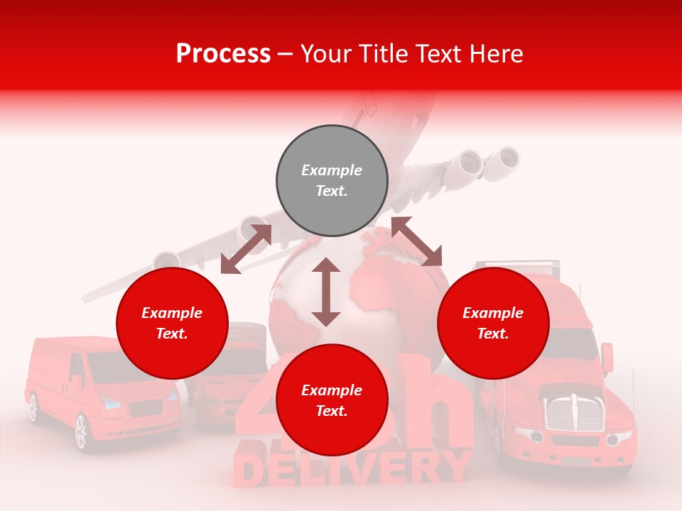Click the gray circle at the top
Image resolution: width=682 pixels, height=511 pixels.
pos(332,180)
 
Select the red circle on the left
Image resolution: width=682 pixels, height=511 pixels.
pos(172,323)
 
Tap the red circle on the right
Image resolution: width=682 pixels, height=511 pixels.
pos(493,323)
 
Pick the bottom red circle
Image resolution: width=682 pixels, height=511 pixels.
pos(332,400)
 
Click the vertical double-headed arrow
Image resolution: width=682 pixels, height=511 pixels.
pos(326,292)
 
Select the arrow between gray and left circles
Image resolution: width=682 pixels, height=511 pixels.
pos(246,249)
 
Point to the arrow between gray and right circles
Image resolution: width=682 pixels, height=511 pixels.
pos(416,241)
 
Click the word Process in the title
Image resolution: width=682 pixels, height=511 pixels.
pos(223,53)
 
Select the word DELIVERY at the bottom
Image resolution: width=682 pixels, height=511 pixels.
pos(352,468)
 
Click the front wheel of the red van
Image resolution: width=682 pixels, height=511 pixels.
pos(80,432)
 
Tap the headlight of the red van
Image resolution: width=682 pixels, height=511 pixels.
pos(112,402)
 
